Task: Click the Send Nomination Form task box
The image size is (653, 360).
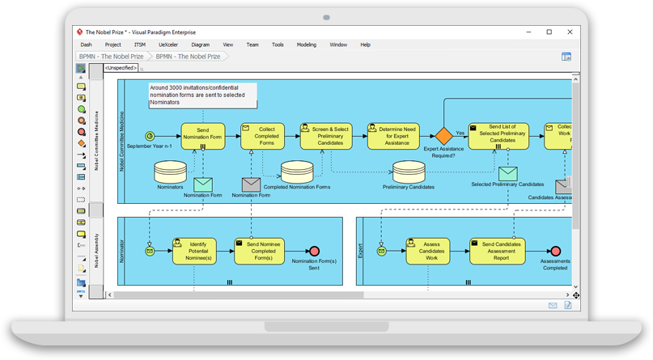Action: pyautogui.click(x=202, y=136)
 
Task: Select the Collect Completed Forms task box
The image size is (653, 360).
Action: pyautogui.click(x=262, y=136)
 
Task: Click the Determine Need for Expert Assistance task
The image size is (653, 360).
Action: pyautogui.click(x=393, y=136)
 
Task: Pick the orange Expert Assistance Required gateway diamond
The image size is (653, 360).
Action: pyautogui.click(x=443, y=136)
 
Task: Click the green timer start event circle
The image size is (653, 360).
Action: pyautogui.click(x=150, y=136)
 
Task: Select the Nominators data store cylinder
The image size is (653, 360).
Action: pyautogui.click(x=170, y=171)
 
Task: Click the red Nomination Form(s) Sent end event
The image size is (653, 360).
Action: pyautogui.click(x=314, y=252)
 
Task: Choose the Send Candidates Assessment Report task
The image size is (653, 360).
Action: pyautogui.click(x=497, y=251)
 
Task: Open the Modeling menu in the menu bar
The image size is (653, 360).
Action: pyautogui.click(x=307, y=44)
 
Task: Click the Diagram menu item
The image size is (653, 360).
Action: pyautogui.click(x=200, y=44)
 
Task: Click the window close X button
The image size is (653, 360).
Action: pyautogui.click(x=569, y=32)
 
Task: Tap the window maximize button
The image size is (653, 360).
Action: pyautogui.click(x=549, y=32)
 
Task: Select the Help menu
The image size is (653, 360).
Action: pyautogui.click(x=365, y=44)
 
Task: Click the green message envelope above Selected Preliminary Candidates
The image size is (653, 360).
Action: pyautogui.click(x=507, y=173)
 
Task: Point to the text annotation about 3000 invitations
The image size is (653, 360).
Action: pyautogui.click(x=202, y=95)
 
